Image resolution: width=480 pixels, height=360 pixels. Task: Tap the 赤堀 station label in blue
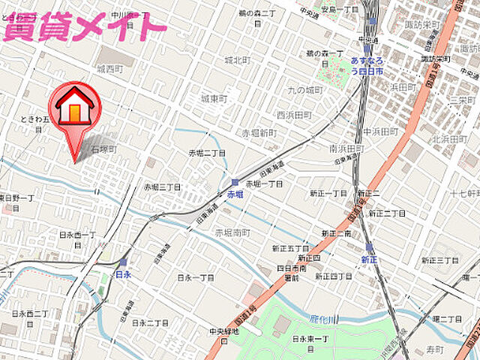(235, 194)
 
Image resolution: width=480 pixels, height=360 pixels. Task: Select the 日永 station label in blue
(123, 274)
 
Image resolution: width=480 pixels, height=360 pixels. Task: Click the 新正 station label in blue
(369, 259)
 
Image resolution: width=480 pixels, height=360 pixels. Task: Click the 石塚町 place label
(104, 150)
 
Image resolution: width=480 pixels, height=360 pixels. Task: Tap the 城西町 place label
(109, 68)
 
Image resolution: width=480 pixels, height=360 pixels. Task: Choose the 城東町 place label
(214, 98)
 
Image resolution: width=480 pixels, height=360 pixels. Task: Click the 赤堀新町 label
(259, 133)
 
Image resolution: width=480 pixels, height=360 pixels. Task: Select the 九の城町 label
(304, 91)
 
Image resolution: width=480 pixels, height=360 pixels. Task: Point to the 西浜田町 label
(293, 115)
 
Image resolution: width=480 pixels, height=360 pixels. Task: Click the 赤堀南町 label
(232, 233)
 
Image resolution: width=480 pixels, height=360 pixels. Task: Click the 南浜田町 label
(346, 148)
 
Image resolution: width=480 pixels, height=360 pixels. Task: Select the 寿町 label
(435, 349)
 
